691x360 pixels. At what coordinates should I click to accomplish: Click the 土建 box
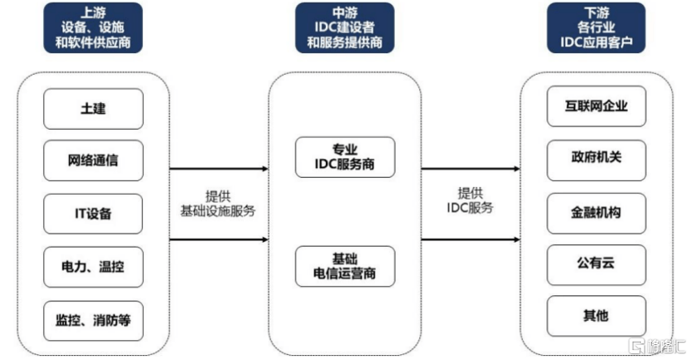[93, 109]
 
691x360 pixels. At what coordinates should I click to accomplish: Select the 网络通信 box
[93, 160]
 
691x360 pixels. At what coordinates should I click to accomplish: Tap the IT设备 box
[93, 214]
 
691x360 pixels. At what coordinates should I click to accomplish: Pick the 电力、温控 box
[93, 267]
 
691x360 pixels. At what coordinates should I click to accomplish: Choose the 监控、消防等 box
[93, 321]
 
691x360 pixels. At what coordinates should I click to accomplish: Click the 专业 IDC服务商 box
[345, 157]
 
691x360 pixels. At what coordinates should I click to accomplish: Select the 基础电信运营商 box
[345, 267]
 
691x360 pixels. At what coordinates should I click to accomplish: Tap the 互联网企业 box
[596, 106]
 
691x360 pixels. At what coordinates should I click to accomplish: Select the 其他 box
[596, 317]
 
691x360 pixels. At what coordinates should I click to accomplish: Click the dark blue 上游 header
[93, 27]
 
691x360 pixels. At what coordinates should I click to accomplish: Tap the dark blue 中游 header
[344, 27]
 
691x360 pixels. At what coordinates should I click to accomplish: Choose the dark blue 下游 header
[596, 27]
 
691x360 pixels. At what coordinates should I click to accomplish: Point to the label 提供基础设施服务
[218, 204]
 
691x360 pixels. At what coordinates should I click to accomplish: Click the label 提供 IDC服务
[470, 200]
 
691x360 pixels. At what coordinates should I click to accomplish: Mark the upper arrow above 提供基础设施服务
[219, 169]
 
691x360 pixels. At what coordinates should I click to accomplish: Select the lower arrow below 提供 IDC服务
[471, 239]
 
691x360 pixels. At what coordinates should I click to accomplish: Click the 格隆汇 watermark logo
[657, 347]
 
